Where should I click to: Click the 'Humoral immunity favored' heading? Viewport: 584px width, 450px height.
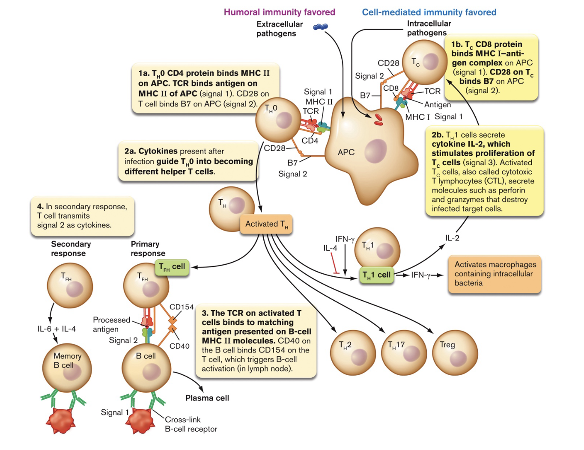click(279, 12)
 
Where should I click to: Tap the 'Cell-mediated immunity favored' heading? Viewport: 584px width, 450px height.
click(429, 12)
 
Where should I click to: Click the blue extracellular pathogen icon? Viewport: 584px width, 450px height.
click(320, 27)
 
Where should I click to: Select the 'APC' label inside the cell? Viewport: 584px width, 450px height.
click(346, 152)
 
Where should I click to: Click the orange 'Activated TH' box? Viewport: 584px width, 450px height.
click(266, 224)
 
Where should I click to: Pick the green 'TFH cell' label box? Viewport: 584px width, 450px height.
click(172, 267)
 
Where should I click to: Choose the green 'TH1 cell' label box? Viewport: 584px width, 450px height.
click(376, 275)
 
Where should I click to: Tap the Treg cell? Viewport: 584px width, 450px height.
click(455, 352)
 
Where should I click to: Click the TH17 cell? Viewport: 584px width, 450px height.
click(404, 352)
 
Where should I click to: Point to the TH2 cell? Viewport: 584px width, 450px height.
click(353, 352)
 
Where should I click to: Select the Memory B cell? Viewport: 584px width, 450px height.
click(67, 367)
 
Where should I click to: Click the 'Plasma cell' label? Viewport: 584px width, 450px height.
click(207, 398)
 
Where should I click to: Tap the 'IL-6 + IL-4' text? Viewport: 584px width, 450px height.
click(57, 329)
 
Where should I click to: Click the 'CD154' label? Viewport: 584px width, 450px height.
click(182, 307)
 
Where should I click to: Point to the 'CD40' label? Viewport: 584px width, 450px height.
click(179, 346)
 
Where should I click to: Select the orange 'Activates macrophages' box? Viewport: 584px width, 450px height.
click(495, 274)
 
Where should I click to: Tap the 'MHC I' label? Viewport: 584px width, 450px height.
click(417, 117)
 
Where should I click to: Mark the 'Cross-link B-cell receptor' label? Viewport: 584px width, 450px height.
click(191, 424)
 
